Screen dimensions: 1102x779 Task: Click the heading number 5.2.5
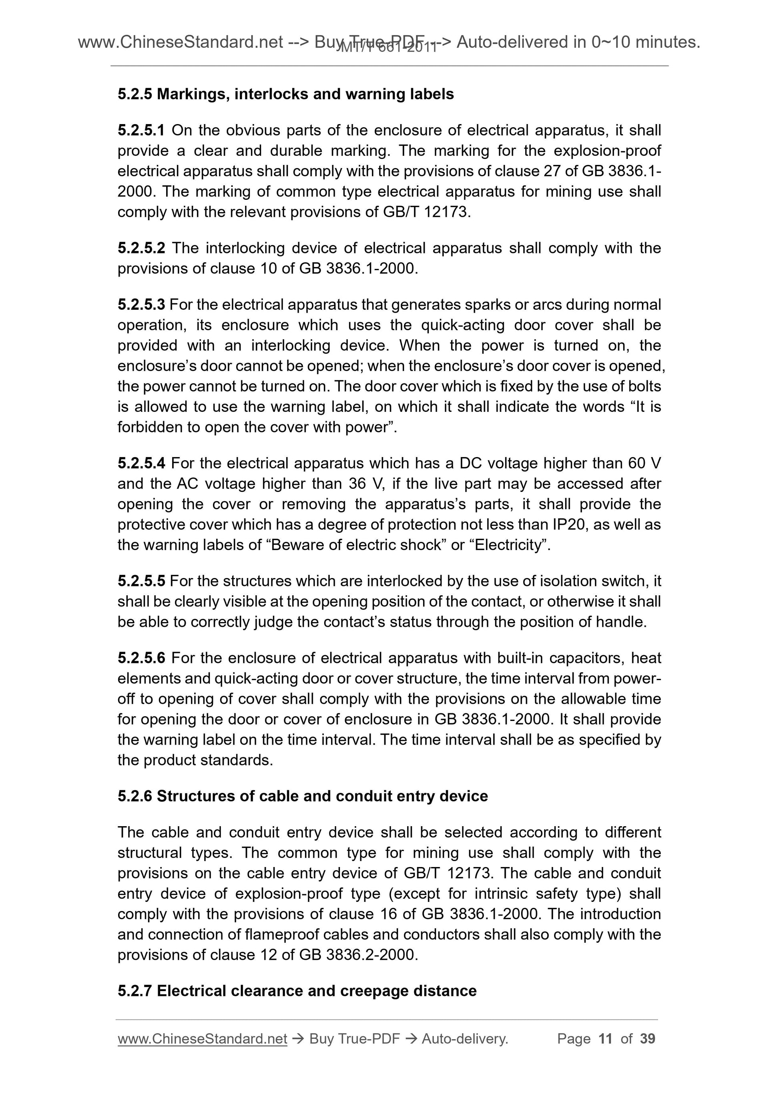click(x=135, y=94)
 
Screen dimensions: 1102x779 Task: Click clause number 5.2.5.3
click(x=141, y=304)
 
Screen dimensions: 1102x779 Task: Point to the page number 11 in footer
click(x=605, y=1039)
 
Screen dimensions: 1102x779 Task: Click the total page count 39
click(x=647, y=1039)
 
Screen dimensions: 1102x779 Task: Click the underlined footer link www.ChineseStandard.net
click(x=202, y=1039)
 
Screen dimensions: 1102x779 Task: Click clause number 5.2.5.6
click(x=141, y=658)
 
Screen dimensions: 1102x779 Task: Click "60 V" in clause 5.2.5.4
click(x=644, y=463)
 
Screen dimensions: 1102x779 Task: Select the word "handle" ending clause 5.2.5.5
click(x=620, y=622)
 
